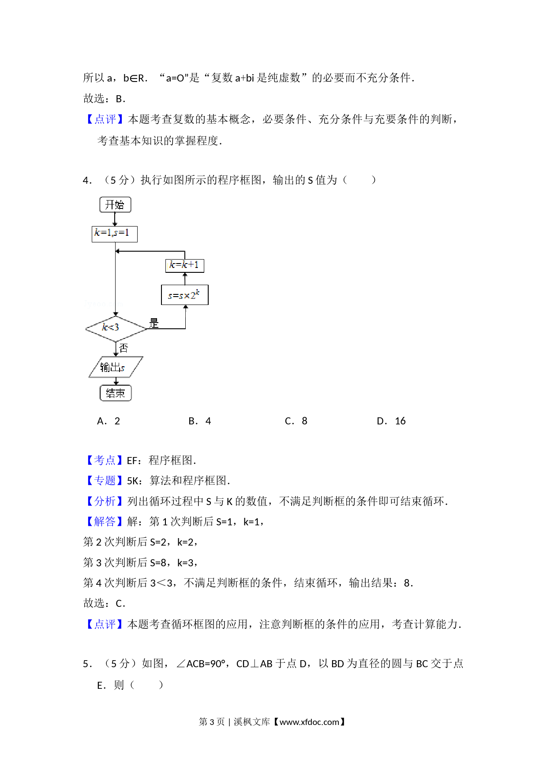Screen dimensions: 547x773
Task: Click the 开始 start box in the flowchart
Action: click(x=115, y=204)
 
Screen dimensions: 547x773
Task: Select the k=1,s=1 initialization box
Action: click(x=115, y=234)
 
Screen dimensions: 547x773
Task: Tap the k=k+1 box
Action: click(x=185, y=265)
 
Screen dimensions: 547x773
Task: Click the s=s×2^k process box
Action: click(x=185, y=295)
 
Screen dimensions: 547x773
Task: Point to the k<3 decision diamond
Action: click(x=116, y=328)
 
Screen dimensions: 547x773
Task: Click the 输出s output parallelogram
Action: click(x=116, y=367)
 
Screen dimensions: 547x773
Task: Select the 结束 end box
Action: click(x=116, y=393)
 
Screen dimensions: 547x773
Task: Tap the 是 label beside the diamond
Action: click(x=154, y=323)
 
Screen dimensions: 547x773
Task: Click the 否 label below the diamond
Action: click(x=124, y=348)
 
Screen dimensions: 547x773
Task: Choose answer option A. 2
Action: click(x=109, y=421)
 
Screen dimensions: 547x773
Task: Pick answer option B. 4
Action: click(x=200, y=421)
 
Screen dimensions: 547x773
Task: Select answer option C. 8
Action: click(x=296, y=421)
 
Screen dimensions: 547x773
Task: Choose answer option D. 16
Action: click(x=391, y=421)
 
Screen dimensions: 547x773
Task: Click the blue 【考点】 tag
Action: click(x=105, y=461)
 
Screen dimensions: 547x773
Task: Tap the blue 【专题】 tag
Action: click(x=105, y=481)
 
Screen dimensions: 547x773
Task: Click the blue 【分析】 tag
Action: click(x=105, y=502)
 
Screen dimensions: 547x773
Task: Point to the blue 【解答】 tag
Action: click(x=105, y=522)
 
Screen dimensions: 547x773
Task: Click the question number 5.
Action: click(x=87, y=664)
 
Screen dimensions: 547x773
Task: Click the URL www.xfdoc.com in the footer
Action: click(x=309, y=722)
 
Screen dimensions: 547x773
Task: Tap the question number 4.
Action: click(x=87, y=180)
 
